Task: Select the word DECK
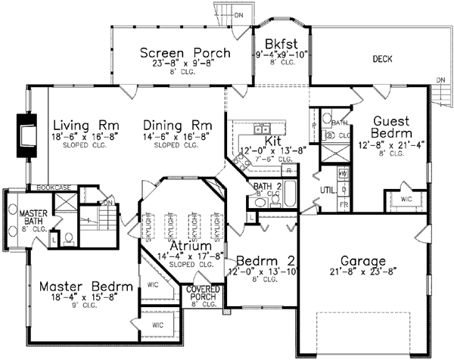point(382,58)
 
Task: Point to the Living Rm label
point(85,124)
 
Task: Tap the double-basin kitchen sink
point(263,127)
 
